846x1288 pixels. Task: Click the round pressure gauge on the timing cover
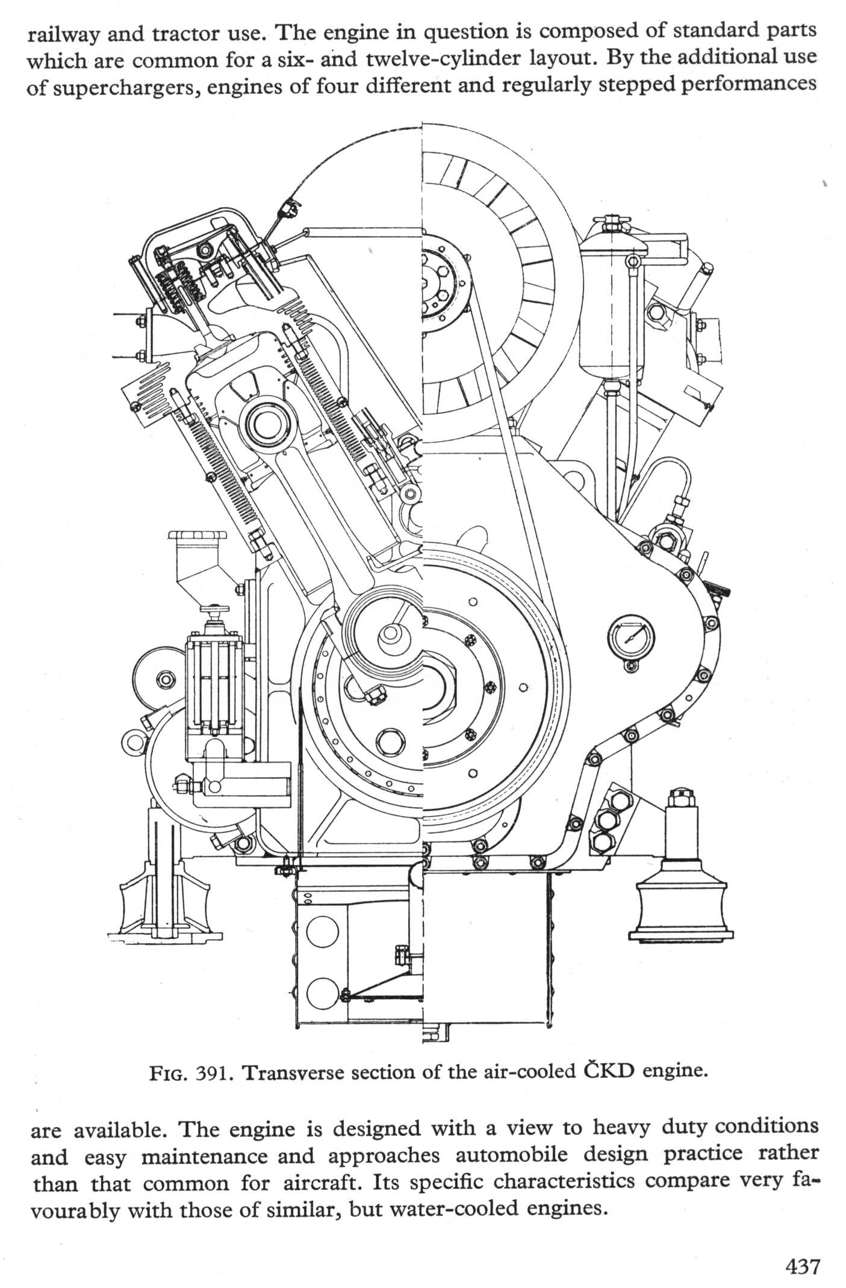[630, 637]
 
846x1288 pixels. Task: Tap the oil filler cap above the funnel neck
[198, 536]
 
